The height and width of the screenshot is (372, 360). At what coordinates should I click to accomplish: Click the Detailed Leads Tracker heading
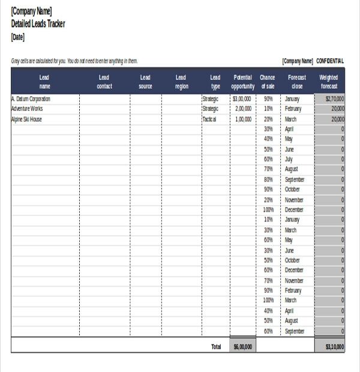point(38,24)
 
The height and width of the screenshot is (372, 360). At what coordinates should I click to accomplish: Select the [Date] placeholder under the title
point(18,37)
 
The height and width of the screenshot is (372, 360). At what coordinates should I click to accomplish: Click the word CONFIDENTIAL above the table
point(330,61)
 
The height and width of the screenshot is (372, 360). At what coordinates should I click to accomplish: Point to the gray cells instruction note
point(74,61)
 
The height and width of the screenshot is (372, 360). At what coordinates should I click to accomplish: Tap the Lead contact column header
point(104,82)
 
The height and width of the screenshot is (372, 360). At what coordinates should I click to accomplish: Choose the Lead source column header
point(145,82)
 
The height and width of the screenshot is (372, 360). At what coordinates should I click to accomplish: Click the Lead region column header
point(181,82)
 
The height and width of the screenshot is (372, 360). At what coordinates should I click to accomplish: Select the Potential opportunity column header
point(243,82)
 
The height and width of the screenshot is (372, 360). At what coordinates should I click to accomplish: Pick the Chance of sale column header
point(268,82)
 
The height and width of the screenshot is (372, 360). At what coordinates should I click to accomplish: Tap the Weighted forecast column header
point(329,82)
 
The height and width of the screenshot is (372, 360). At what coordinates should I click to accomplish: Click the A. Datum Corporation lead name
point(31,98)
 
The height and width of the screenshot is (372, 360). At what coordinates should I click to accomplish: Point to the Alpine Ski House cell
point(26,119)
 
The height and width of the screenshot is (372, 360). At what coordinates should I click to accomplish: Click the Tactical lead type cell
point(209,119)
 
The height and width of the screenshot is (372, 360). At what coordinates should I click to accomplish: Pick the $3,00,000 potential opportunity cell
point(242,98)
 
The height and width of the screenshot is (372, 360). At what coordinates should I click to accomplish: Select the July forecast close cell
point(289,159)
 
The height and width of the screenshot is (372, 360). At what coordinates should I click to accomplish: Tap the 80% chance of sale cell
point(268,179)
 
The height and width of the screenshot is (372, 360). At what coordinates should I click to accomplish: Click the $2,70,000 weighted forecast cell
point(334,98)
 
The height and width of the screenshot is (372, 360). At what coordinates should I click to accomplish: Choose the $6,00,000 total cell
point(243,346)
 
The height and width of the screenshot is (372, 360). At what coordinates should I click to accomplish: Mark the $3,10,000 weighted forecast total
point(334,346)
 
